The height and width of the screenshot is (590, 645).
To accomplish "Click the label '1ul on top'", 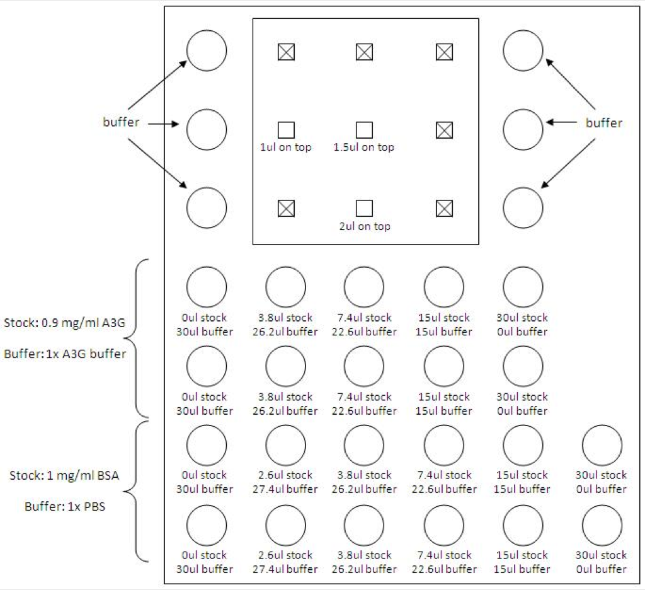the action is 285,147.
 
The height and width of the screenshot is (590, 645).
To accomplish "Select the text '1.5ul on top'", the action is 363,147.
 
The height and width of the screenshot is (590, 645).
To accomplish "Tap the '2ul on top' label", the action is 365,226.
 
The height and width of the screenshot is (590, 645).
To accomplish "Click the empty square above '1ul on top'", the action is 287,130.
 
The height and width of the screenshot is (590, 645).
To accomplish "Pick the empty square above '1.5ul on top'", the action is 365,130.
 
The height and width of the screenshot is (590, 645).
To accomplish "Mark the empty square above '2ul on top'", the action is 365,209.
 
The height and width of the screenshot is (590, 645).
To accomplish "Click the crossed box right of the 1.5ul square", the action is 444,130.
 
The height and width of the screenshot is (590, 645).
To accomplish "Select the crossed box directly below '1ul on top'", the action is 287,209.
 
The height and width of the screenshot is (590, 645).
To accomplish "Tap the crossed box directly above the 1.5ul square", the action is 365,52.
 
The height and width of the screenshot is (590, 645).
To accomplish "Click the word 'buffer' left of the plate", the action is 121,122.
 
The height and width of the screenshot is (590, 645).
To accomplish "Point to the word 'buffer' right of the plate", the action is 604,123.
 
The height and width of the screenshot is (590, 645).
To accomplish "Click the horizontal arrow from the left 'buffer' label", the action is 163,124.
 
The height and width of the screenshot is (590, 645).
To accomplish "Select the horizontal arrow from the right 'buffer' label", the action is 561,122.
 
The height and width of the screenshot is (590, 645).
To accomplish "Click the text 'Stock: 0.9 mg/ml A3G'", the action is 65,323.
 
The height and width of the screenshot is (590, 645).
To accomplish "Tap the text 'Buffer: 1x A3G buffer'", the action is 65,354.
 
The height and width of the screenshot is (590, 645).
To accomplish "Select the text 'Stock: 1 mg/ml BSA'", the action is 64,475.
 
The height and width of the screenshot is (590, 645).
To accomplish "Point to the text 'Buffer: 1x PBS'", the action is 65,506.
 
